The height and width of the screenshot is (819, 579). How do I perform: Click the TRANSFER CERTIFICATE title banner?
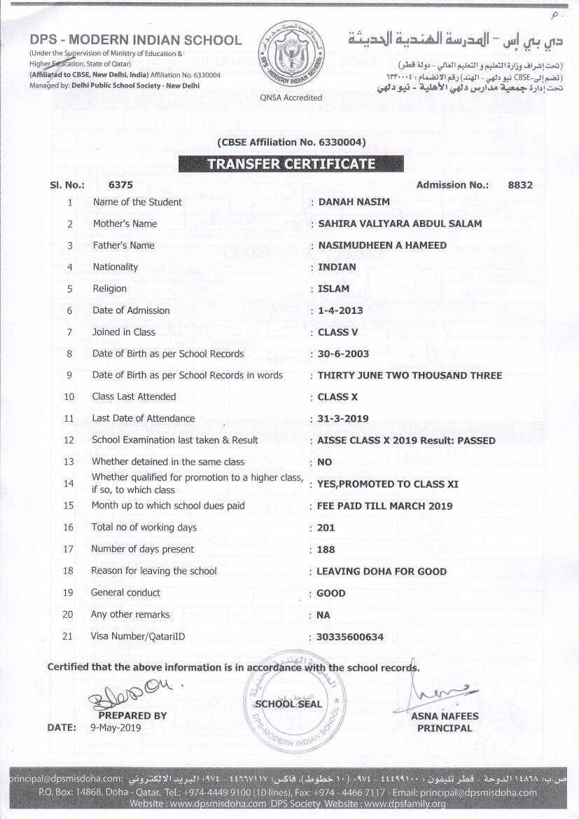[x=291, y=164]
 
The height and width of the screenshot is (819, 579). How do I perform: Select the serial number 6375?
[x=120, y=185]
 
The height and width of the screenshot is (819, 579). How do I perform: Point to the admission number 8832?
[x=520, y=185]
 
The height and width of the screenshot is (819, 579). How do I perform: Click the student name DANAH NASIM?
[x=354, y=202]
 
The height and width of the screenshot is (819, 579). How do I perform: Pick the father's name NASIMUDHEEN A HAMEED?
[x=382, y=245]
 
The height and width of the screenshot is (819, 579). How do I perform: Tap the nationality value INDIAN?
[x=337, y=267]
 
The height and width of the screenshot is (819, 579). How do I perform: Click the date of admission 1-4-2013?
[x=340, y=310]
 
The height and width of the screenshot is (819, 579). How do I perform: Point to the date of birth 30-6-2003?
[x=343, y=354]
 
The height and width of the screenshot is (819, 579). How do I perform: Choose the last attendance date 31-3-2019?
[x=343, y=419]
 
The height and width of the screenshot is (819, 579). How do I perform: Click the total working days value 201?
[x=326, y=528]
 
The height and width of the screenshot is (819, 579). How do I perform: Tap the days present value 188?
[x=326, y=549]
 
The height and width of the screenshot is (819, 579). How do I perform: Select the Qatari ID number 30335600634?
[x=350, y=637]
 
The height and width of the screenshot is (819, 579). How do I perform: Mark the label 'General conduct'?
[x=125, y=593]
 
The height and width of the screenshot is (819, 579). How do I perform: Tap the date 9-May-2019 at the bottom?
[x=116, y=727]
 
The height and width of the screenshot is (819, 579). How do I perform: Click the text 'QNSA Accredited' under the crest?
[x=291, y=98]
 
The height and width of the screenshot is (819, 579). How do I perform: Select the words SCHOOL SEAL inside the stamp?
[x=288, y=704]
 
